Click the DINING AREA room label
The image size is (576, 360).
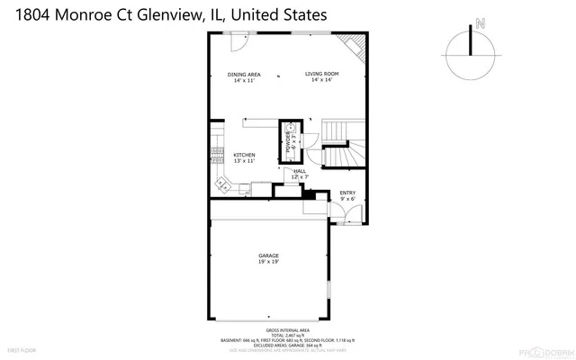pyautogui.click(x=244, y=74)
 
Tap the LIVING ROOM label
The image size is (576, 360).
pyautogui.click(x=320, y=74)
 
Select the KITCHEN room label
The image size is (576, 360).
pyautogui.click(x=245, y=154)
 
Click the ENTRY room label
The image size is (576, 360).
pyautogui.click(x=346, y=193)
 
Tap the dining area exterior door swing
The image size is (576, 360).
pyautogui.click(x=239, y=41)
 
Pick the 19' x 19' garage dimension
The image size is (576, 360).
pyautogui.click(x=268, y=262)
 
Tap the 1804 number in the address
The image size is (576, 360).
pyautogui.click(x=24, y=14)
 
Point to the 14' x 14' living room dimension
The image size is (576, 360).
pyautogui.click(x=320, y=81)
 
